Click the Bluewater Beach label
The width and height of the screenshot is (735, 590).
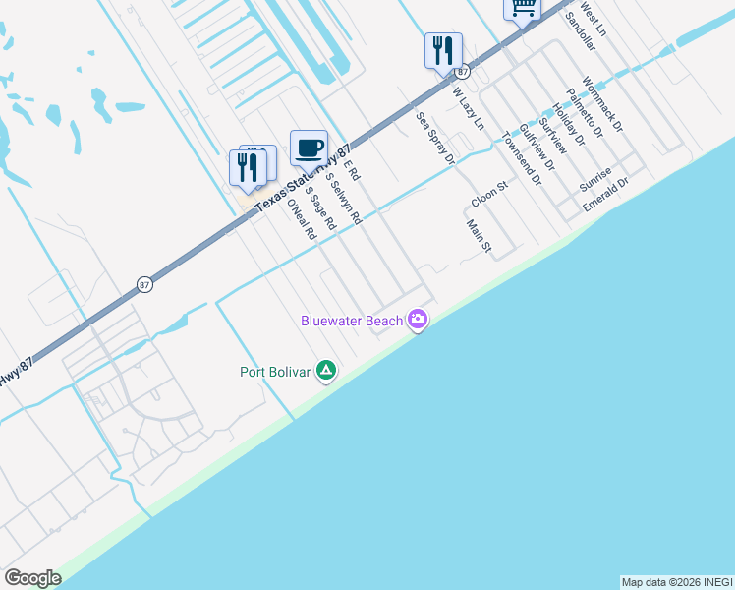tap(351, 321)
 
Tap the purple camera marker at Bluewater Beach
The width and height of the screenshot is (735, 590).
tap(419, 319)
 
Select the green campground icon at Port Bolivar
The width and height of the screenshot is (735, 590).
tap(326, 371)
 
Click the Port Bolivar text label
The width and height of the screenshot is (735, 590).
tap(275, 371)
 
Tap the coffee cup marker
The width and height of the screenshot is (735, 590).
tap(309, 147)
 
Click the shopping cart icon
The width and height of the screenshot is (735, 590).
tap(523, 7)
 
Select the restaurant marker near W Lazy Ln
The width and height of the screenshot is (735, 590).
tap(443, 50)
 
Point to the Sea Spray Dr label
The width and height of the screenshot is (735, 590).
tap(435, 137)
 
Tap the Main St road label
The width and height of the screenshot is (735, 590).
tap(479, 236)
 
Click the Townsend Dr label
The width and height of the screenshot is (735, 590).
tap(521, 157)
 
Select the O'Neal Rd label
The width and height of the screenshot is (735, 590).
tap(301, 219)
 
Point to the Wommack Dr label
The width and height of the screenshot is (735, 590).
tap(601, 104)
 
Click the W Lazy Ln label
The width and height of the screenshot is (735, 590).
tap(469, 109)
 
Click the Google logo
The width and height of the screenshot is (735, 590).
tap(32, 578)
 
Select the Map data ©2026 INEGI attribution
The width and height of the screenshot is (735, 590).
tap(676, 582)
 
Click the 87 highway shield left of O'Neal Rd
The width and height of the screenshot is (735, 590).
tap(144, 284)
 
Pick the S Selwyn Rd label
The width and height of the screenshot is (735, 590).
tap(344, 198)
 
